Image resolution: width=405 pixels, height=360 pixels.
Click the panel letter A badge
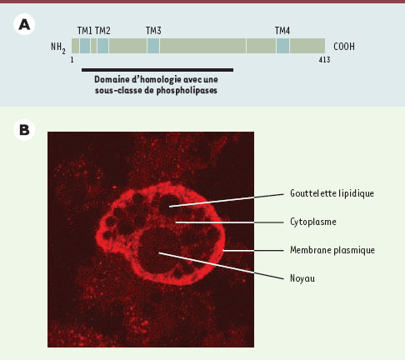tap(24, 25)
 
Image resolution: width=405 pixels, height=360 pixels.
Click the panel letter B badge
tap(24, 130)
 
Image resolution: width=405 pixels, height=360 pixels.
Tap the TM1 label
tap(85, 31)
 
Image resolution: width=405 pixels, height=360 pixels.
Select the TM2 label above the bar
tap(102, 31)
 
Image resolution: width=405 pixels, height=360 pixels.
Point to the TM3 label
tap(153, 31)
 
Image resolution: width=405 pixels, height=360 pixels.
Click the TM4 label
tap(282, 31)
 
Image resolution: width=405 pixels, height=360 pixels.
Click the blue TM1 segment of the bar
tap(85, 46)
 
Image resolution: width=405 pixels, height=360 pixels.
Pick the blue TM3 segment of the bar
tap(153, 46)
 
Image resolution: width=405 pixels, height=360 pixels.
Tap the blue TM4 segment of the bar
tap(282, 46)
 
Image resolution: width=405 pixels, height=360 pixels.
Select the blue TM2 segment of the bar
tap(102, 46)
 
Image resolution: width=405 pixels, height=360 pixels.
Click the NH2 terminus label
tap(58, 47)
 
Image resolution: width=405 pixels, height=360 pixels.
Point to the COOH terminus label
tap(344, 47)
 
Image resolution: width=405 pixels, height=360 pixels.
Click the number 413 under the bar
tap(324, 60)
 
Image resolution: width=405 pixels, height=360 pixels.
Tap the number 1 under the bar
tap(72, 60)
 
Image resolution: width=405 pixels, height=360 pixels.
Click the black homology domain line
tap(157, 70)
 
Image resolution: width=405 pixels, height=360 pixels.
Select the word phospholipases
tap(187, 91)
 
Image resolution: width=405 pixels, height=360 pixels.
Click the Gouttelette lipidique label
tap(332, 193)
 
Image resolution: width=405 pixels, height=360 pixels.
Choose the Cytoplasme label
tap(313, 222)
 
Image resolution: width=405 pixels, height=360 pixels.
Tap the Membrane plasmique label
tap(332, 250)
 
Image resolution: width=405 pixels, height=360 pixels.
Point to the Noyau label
tap(302, 278)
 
